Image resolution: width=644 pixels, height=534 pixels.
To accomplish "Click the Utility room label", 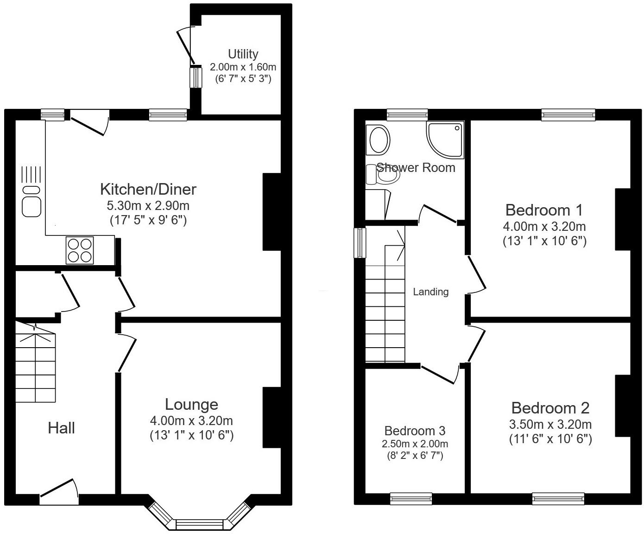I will [x=243, y=54].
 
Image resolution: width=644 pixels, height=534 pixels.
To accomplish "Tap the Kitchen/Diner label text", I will [x=148, y=189].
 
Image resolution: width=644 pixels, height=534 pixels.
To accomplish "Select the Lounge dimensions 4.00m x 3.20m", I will [x=191, y=421].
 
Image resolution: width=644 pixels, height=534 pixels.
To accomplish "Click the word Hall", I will [x=61, y=428].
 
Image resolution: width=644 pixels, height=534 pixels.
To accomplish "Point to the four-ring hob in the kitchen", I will [x=80, y=250].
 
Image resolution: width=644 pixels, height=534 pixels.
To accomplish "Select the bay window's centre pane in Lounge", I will [x=200, y=524].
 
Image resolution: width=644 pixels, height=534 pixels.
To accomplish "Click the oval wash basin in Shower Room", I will [x=380, y=140].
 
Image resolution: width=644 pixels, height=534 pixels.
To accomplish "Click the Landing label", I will [x=430, y=292].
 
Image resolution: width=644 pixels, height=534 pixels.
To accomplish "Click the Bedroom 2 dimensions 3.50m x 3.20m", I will [x=550, y=424].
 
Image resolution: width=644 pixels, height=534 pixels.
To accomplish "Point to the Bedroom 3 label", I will [x=415, y=431].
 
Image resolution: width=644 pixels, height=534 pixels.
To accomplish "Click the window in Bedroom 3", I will [x=411, y=499].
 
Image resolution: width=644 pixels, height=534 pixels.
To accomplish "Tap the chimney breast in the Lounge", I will [x=271, y=417].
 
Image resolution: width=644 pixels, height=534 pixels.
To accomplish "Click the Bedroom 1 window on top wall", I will [x=568, y=114].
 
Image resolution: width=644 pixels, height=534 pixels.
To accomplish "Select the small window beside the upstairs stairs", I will [x=360, y=242].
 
